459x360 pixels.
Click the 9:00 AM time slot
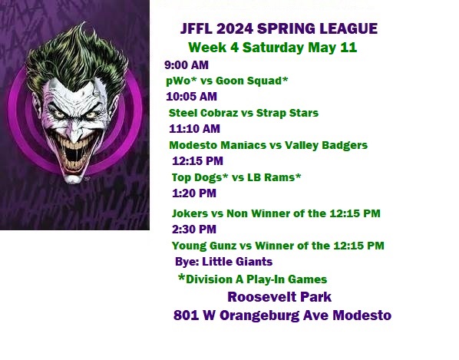coord(187,65)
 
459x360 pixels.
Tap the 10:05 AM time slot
coord(191,97)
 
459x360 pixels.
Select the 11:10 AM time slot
coord(194,129)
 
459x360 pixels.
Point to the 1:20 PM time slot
coord(194,193)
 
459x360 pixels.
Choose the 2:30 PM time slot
coord(194,230)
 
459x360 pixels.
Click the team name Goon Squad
coord(249,81)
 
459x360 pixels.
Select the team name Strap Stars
coord(287,113)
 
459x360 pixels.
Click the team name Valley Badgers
coord(326,146)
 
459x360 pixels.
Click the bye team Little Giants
coord(237,262)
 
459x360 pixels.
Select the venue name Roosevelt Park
coord(279,297)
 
